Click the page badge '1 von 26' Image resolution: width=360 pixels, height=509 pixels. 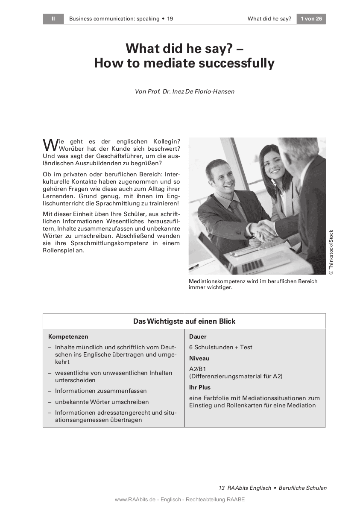[311, 19]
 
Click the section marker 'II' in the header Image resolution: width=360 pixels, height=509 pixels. [53, 19]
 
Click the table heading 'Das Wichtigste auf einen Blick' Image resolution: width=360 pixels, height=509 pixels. [184, 321]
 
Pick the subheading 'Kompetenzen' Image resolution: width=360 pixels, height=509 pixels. [68, 336]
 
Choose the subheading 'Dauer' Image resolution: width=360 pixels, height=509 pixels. [198, 336]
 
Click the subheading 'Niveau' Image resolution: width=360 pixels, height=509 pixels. [199, 358]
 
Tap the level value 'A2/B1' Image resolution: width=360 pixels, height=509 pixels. [198, 369]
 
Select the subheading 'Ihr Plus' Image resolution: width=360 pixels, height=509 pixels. [200, 387]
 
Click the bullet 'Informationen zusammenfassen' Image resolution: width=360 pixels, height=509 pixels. [101, 391]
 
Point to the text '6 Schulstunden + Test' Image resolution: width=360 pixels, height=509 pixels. [221, 347]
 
